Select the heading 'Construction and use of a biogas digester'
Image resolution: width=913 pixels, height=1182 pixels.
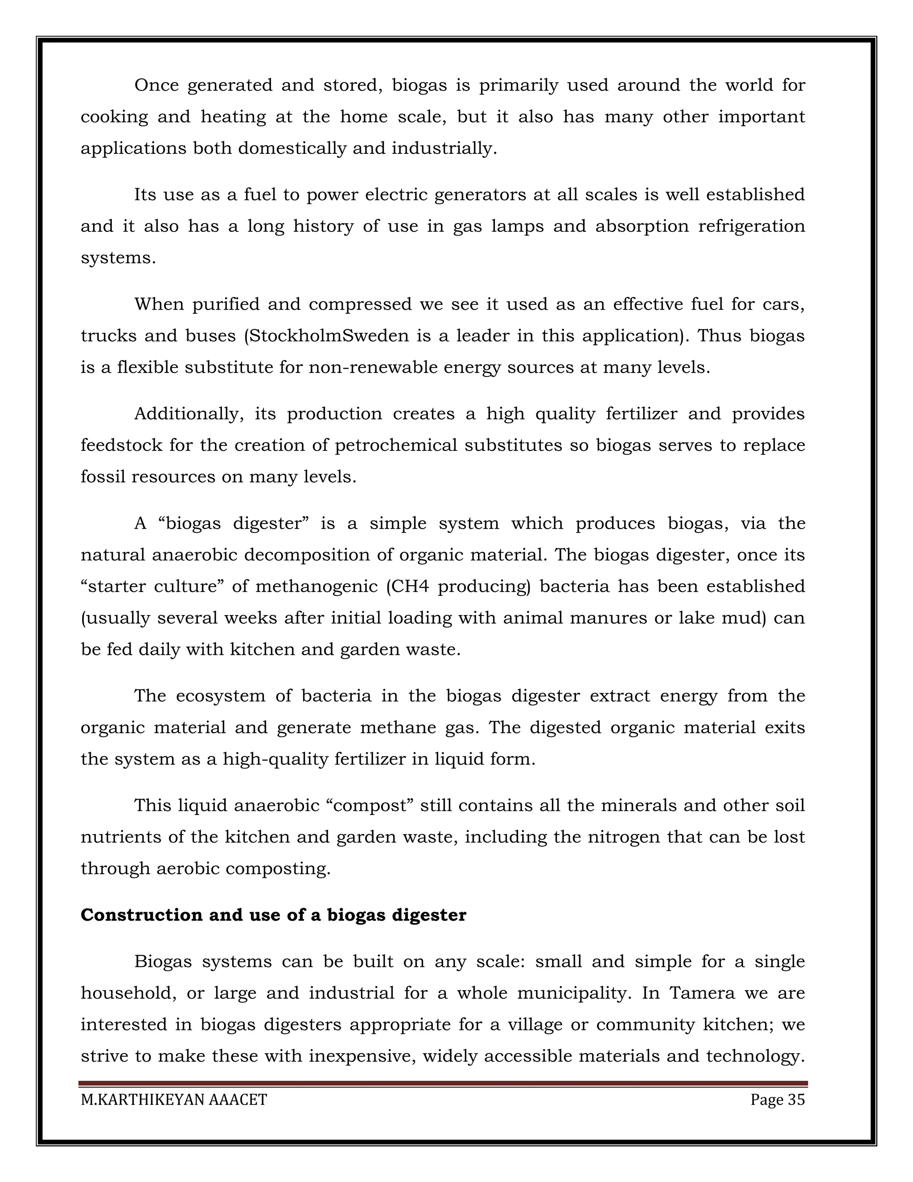[x=273, y=915]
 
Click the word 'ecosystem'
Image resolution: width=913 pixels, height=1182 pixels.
[x=221, y=696]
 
